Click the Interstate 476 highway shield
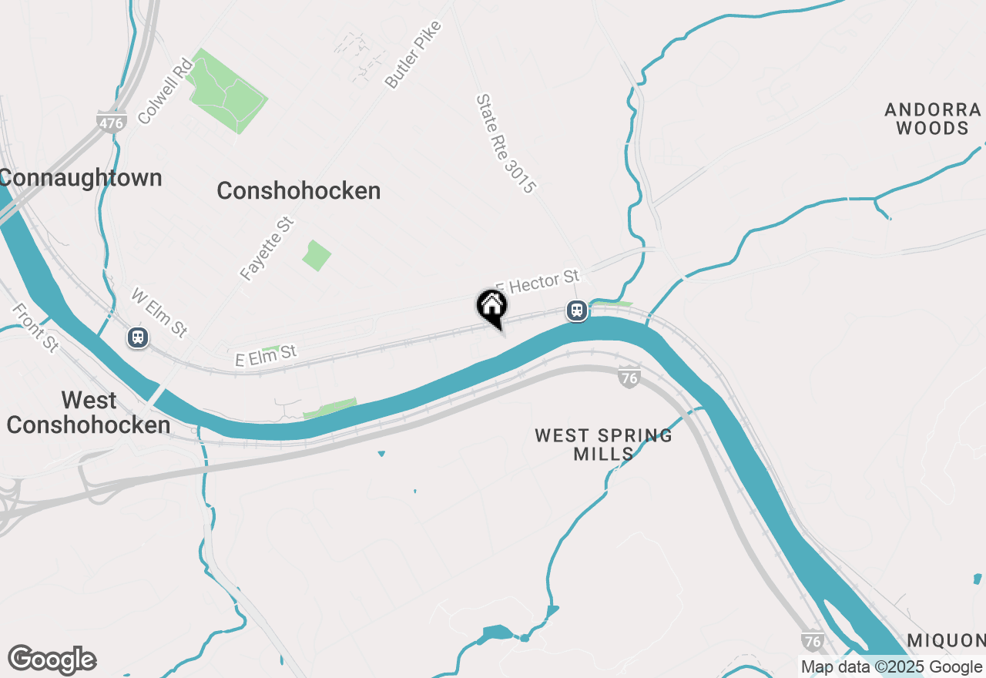point(112,123)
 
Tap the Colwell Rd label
point(164,90)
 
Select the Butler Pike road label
point(414,55)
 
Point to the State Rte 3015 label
point(505,143)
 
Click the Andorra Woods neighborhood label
point(932,119)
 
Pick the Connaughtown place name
point(80,178)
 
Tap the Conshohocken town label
point(299,191)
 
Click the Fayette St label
point(267,248)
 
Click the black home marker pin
point(492,307)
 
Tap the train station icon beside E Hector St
point(577,310)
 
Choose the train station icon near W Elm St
point(138,337)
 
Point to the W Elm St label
point(159,312)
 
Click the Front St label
point(35,327)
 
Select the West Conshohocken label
point(89,412)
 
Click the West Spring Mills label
point(604,445)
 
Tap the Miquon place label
point(945,640)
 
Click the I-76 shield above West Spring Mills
point(629,378)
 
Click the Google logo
point(52,660)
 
